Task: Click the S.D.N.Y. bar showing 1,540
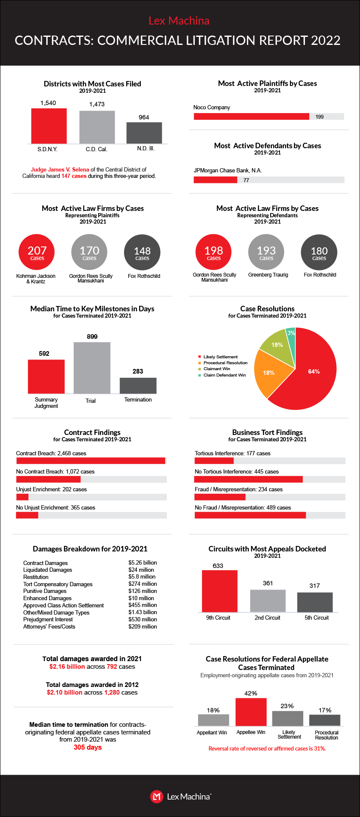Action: tap(49, 126)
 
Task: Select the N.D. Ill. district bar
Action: tap(144, 133)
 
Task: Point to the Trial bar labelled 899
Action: tap(92, 368)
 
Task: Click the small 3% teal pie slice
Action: tap(291, 334)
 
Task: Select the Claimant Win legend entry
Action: tap(216, 369)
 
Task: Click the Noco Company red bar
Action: tap(251, 116)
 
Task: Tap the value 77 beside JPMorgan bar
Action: tap(246, 180)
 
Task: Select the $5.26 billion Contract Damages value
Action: tap(143, 563)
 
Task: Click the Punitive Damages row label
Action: tap(45, 591)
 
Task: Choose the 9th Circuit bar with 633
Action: tap(219, 591)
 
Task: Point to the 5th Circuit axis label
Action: tap(316, 618)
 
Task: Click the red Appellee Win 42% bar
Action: tap(251, 712)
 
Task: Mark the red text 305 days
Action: tap(88, 747)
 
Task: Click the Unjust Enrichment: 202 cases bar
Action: tap(22, 497)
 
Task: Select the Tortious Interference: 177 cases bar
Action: tap(214, 461)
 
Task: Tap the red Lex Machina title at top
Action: tap(179, 21)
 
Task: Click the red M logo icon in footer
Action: tap(156, 796)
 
